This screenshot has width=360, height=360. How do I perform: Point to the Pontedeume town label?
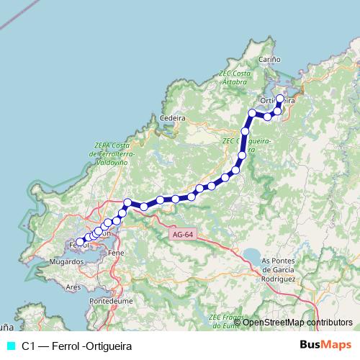point(109,300)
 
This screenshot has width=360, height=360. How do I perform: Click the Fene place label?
point(115,253)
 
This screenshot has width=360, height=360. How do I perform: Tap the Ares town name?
point(73,286)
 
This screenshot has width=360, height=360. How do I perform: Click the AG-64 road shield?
point(183,234)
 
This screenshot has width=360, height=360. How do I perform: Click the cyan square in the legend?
point(10,346)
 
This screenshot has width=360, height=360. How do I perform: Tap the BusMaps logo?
point(326,345)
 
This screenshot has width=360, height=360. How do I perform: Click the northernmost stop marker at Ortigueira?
point(280,99)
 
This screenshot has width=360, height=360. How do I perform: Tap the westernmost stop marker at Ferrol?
point(80,242)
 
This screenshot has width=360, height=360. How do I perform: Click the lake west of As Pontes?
point(252,255)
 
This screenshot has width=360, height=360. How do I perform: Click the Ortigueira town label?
point(277,101)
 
